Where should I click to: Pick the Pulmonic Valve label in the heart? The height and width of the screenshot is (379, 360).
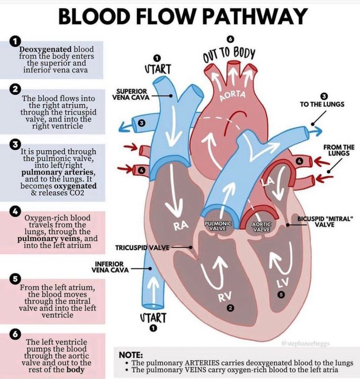point(218,227)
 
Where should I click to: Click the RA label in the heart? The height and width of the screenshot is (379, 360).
point(181,225)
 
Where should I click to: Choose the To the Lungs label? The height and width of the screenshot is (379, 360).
point(322,104)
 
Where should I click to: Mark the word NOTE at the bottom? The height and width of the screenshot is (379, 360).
point(130,355)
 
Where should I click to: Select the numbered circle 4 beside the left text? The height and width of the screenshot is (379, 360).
point(16,211)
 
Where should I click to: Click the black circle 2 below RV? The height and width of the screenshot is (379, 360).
point(229,308)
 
